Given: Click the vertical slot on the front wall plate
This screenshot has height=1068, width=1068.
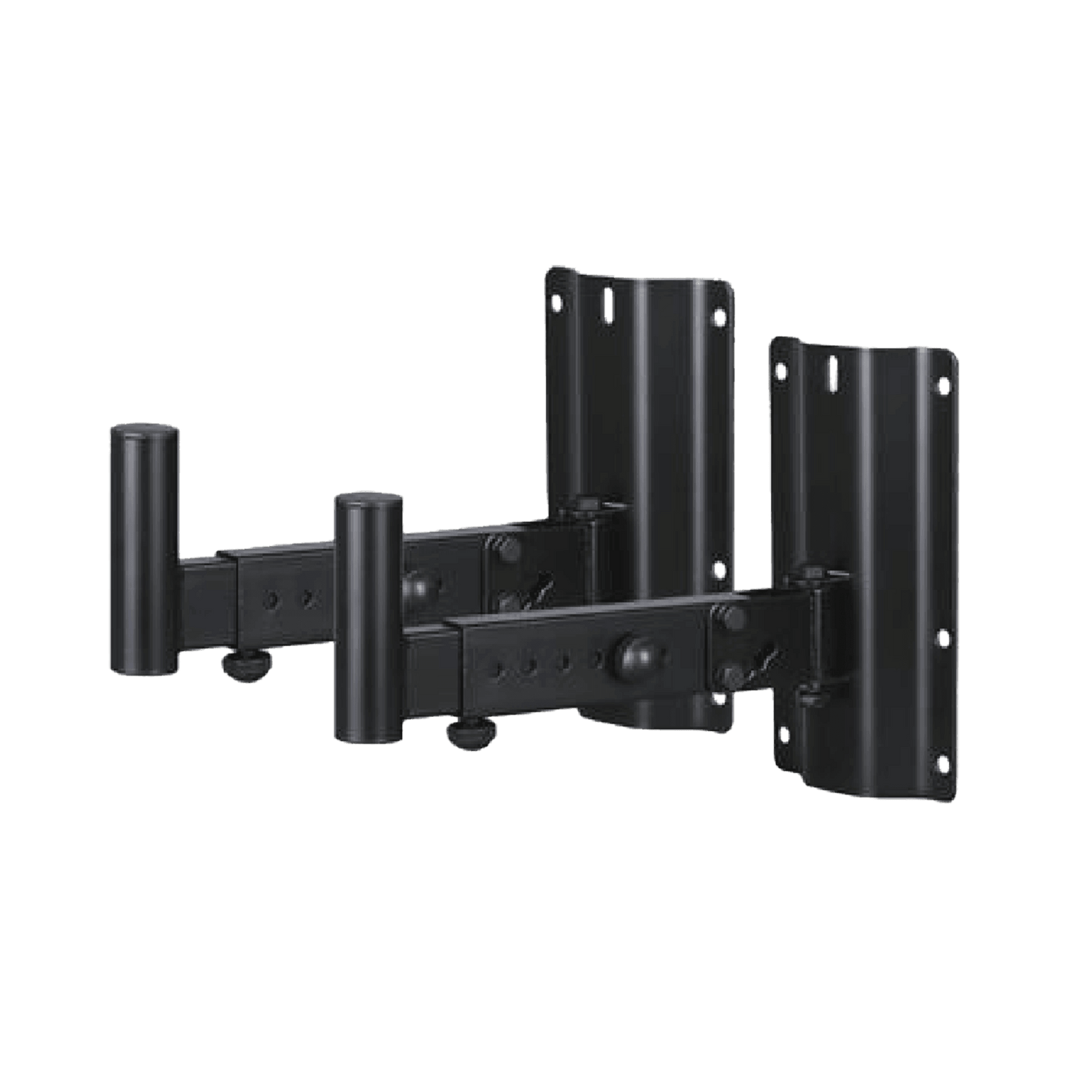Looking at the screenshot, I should [x=833, y=368].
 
